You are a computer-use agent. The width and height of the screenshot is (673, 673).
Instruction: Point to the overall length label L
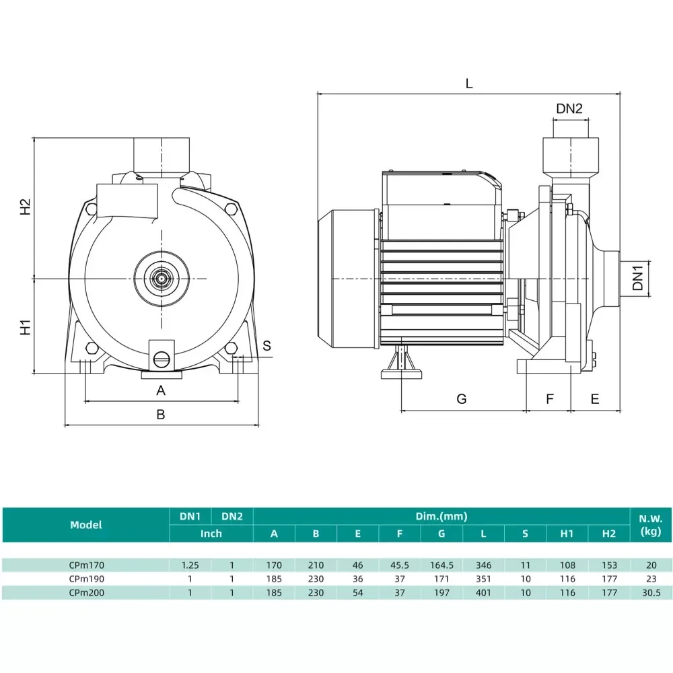[x=469, y=83]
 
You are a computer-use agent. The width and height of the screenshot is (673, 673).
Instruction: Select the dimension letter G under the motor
[x=461, y=399]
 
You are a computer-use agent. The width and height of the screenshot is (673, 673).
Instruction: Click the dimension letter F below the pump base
[x=549, y=399]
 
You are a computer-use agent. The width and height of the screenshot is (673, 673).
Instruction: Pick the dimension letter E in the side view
[x=595, y=399]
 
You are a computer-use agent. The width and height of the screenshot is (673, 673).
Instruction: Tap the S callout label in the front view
[x=267, y=346]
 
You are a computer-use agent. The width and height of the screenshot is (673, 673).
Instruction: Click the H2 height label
[x=25, y=207]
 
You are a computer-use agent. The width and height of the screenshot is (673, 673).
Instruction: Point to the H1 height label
[x=25, y=327]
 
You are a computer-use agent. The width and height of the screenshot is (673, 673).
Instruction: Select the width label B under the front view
[x=161, y=415]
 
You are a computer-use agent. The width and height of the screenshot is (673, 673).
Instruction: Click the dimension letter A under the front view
[x=161, y=390]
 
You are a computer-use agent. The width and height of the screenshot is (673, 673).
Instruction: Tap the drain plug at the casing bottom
[x=162, y=359]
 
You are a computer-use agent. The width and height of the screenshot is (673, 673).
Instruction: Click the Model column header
[x=86, y=525]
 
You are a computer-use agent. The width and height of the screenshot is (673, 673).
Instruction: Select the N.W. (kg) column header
[x=650, y=525]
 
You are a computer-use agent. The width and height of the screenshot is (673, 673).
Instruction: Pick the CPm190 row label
[x=86, y=579]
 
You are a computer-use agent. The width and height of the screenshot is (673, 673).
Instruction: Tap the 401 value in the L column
[x=483, y=593]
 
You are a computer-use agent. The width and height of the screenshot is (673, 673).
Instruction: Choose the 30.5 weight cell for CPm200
[x=650, y=593]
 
